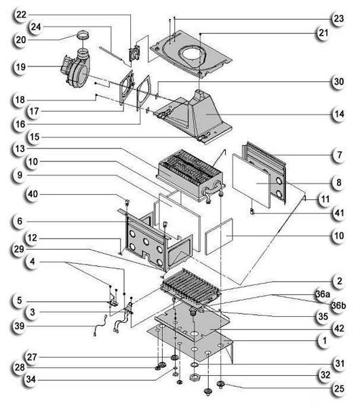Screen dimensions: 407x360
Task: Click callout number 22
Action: click(21, 14)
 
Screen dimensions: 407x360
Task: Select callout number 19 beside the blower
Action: click(21, 67)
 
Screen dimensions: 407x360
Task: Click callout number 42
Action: click(341, 328)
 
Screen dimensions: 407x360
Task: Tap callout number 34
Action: click(21, 378)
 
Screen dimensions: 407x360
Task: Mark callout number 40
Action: click(21, 195)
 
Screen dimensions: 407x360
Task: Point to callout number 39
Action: click(21, 326)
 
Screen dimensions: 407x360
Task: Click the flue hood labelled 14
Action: click(203, 112)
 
